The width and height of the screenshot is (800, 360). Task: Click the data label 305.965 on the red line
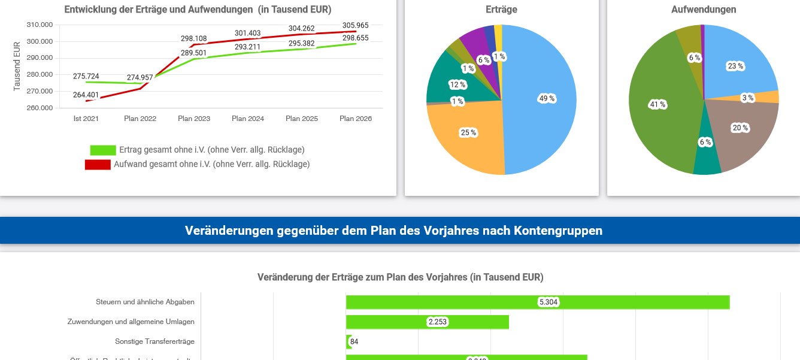pos(355,26)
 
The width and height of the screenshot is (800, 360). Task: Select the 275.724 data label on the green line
pos(86,77)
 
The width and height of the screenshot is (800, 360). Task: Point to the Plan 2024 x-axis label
pos(248,119)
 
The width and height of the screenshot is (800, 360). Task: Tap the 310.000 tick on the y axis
pos(40,25)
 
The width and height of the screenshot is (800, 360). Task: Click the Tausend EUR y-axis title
pos(17,66)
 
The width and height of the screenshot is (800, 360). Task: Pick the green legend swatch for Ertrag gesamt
pos(103,150)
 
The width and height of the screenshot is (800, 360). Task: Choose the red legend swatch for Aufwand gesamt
pos(98,164)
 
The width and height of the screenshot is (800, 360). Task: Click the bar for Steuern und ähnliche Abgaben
pos(537,302)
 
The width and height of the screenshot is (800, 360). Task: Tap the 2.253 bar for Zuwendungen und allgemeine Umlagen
pos(427,322)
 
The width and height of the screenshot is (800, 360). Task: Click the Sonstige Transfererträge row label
pos(154,341)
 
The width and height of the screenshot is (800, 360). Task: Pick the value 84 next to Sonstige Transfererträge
pos(354,342)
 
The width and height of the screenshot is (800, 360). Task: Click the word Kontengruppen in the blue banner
pos(558,231)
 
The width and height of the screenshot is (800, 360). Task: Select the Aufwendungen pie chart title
pos(704,10)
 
